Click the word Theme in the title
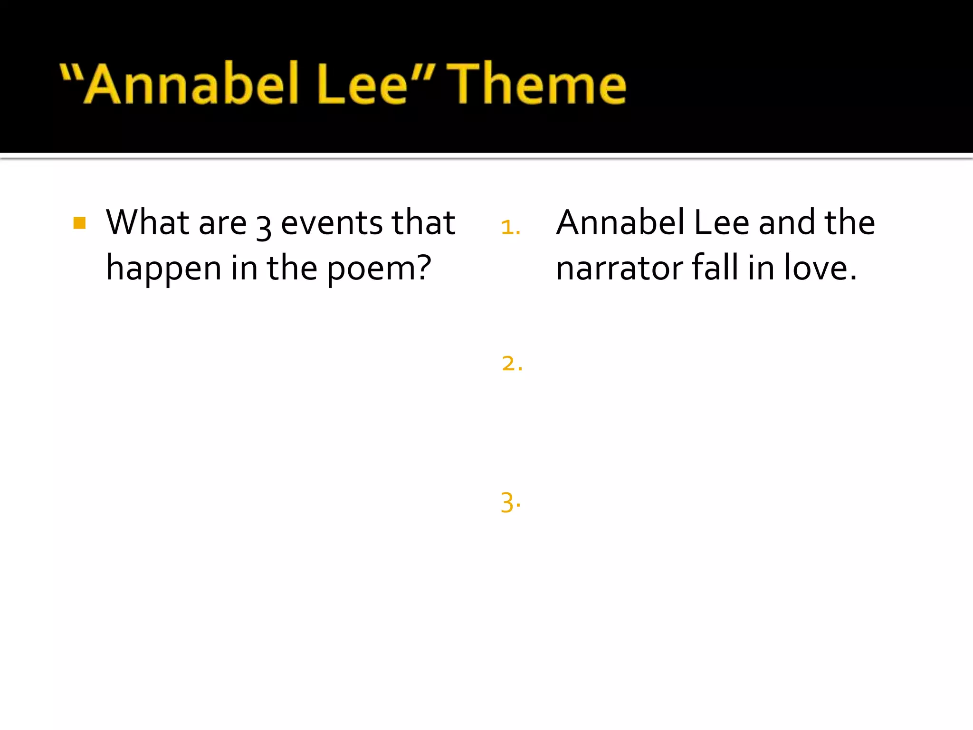pyautogui.click(x=537, y=85)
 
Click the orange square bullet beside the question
pyautogui.click(x=80, y=223)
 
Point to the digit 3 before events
pyautogui.click(x=264, y=226)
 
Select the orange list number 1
pyautogui.click(x=510, y=227)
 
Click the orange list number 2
pyautogui.click(x=511, y=364)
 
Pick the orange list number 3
pyautogui.click(x=510, y=503)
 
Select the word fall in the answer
pyautogui.click(x=715, y=268)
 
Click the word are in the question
pyautogui.click(x=222, y=223)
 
